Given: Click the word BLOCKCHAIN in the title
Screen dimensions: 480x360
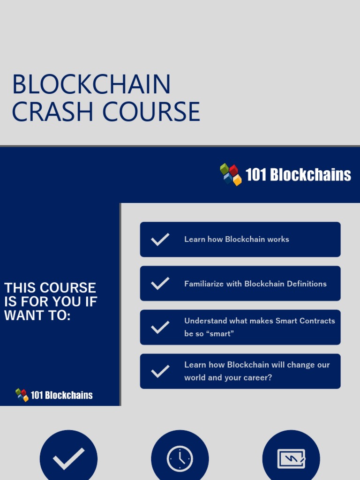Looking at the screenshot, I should [x=91, y=85].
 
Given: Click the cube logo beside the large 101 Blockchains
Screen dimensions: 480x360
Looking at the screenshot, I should [x=231, y=174].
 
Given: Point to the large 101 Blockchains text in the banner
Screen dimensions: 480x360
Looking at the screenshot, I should [x=298, y=175].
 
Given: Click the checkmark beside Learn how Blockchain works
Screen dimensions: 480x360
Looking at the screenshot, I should [x=160, y=240].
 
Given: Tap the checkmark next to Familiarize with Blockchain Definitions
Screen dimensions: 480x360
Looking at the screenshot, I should [x=160, y=284].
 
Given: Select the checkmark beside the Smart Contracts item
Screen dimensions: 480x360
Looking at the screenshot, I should [x=160, y=327].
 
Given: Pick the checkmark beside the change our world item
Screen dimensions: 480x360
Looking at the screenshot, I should [x=160, y=371].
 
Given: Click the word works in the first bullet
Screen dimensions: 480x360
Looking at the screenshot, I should [x=278, y=239].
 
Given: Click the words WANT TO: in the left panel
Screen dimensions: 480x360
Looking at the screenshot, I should [x=37, y=315].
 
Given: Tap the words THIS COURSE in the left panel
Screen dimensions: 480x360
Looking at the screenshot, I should [x=50, y=288].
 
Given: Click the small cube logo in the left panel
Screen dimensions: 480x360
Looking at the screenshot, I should [x=22, y=395].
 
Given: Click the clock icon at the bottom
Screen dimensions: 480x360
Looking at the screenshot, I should [x=180, y=458].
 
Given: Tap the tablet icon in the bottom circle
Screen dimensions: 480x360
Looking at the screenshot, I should [x=291, y=458].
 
